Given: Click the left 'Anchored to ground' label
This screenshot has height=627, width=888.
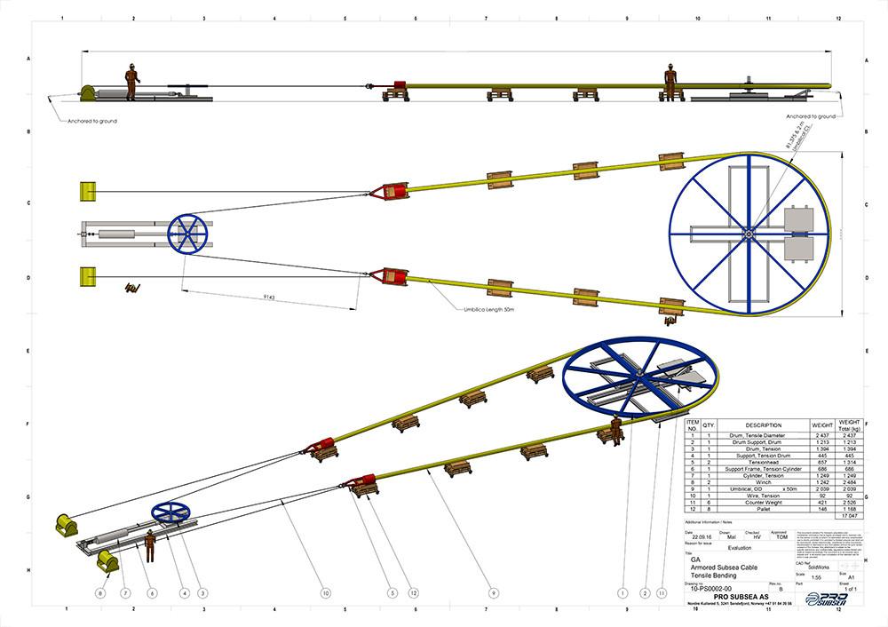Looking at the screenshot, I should click(91, 121).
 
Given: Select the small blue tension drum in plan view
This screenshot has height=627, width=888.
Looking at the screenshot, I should click(186, 233).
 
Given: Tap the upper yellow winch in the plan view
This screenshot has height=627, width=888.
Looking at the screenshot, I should click(88, 191).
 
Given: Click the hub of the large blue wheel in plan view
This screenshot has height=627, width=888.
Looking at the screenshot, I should click(749, 234).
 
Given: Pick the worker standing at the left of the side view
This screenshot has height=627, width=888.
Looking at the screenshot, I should click(131, 82).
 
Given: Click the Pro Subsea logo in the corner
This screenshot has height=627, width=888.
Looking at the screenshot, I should click(826, 598).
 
